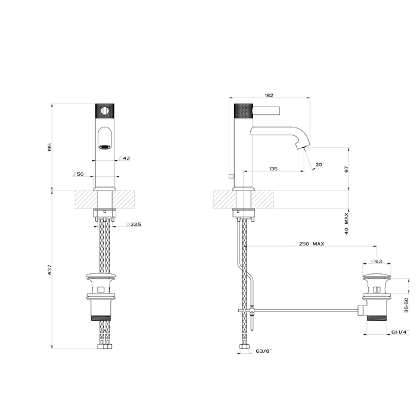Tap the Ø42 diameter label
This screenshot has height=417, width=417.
pyautogui.click(x=124, y=158)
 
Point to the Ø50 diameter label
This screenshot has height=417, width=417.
pyautogui.click(x=78, y=174)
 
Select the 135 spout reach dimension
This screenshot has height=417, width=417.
pyautogui.click(x=273, y=169)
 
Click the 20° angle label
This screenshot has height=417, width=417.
pyautogui.click(x=319, y=165)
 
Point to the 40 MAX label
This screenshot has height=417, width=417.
pyautogui.click(x=346, y=222)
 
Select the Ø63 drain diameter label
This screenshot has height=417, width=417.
pyautogui.click(x=376, y=261)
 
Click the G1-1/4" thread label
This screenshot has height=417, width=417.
pyautogui.click(x=399, y=332)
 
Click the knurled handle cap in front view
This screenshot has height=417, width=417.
pyautogui.click(x=104, y=111)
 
